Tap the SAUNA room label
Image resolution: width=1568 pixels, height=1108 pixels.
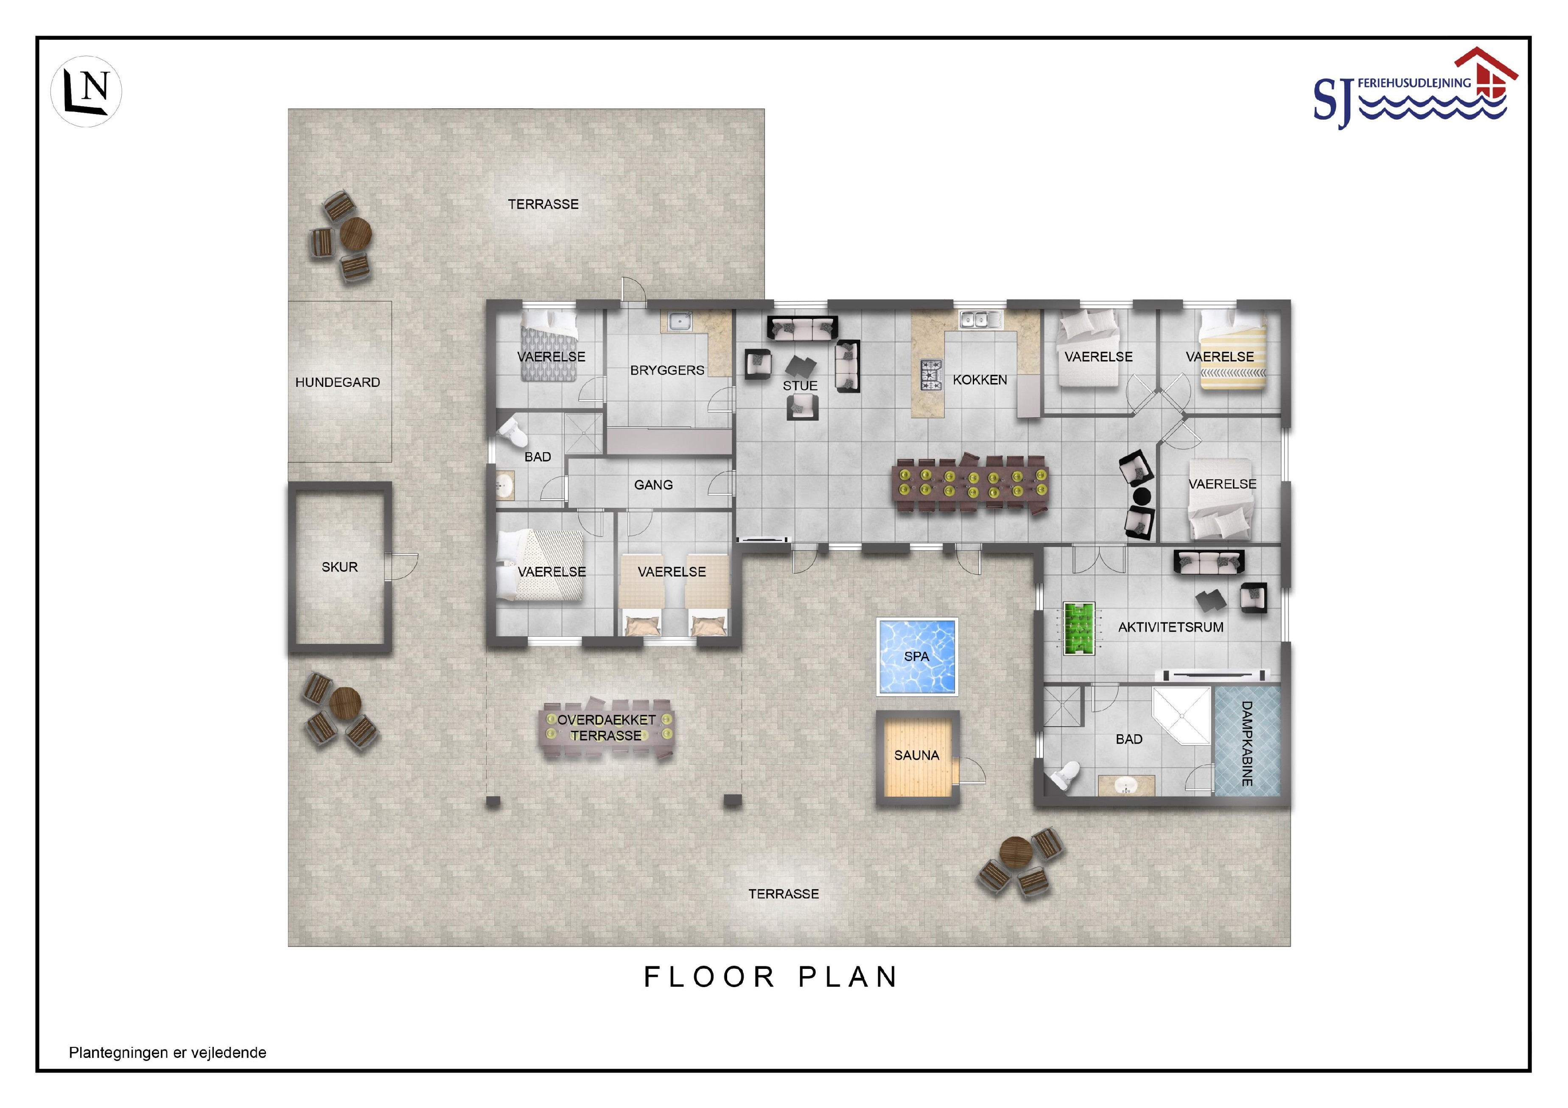(916, 755)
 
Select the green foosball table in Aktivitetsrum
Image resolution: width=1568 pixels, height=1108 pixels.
(1079, 628)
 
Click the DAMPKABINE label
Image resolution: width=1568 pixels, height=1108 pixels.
(1246, 744)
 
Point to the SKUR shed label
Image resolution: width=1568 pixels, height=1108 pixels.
(339, 567)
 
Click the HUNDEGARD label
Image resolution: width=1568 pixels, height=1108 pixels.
(337, 382)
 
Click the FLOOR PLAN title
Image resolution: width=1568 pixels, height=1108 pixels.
(771, 977)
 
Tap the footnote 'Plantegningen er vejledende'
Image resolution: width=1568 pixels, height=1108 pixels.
(167, 1053)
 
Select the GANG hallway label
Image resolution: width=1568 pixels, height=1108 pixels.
(654, 485)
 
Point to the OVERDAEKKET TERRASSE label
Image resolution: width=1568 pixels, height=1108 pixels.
(606, 728)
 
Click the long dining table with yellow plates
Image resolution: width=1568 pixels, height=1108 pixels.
(972, 482)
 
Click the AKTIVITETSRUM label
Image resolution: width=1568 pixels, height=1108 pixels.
(1170, 627)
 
